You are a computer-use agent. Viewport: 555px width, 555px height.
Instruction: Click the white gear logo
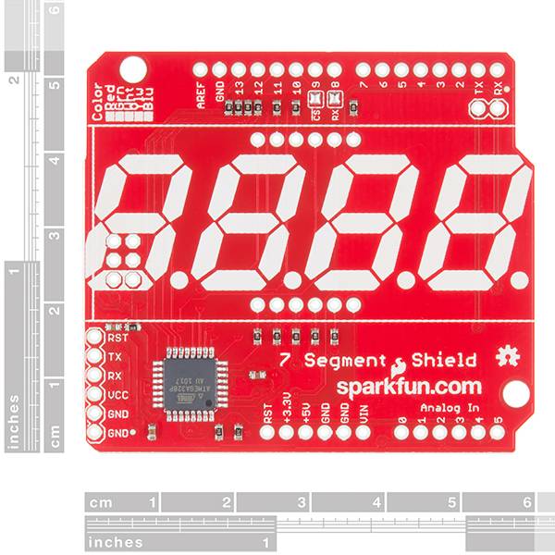505,355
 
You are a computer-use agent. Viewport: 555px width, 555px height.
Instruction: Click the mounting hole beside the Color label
133,68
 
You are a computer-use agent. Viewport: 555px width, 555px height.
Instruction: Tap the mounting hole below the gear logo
516,393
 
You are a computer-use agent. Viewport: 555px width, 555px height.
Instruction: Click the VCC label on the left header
117,394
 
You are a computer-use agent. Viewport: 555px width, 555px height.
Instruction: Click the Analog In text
450,408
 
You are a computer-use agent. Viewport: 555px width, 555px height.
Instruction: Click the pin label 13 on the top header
239,92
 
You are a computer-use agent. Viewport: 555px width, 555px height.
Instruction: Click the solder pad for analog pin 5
498,431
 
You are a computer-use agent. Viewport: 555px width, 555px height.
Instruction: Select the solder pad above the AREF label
201,69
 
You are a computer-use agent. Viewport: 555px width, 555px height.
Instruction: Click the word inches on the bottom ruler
116,543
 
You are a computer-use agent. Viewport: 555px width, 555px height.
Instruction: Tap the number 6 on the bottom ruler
526,503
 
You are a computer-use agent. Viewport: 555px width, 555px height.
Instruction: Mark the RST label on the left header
117,339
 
